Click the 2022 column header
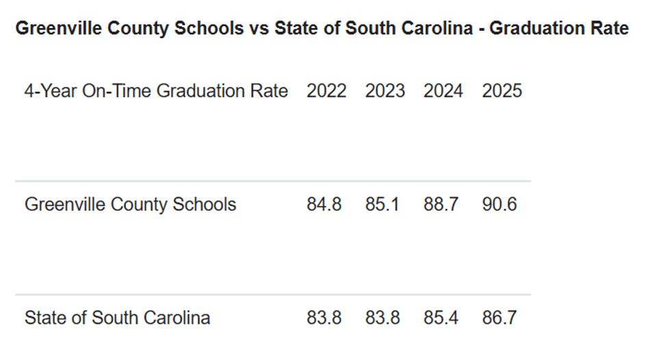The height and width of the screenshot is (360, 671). coord(326,91)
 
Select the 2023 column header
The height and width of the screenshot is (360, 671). coord(385,91)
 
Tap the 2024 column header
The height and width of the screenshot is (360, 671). coord(443,91)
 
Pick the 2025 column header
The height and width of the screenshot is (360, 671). coord(502,91)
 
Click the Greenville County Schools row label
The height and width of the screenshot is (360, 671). coord(130,205)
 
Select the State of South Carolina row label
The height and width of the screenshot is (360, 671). coord(117,318)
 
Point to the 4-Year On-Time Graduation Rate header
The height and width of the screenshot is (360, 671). coord(156,91)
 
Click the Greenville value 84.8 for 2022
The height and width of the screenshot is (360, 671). coord(324,205)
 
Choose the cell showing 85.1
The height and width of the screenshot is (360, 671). coord(382,205)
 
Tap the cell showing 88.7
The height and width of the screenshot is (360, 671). coord(441,205)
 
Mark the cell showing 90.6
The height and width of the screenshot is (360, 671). coord(499,205)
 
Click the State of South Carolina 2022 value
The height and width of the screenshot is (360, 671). coord(324,318)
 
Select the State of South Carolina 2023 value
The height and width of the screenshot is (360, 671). coord(382,318)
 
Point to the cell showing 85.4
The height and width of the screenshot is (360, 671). coord(441,318)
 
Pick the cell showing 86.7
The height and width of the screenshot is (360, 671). coord(499,318)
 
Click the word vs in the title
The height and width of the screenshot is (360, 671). coord(259,29)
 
